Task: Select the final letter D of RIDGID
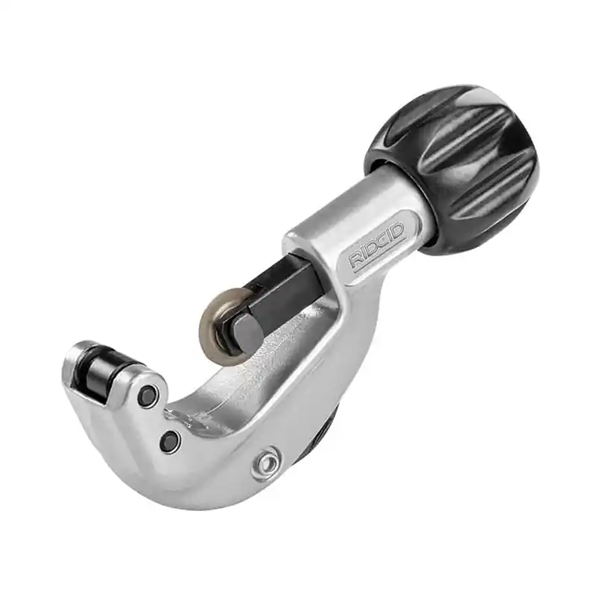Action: [x=399, y=230]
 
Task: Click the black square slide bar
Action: [x=283, y=293]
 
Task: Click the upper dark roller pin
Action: [x=148, y=396]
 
